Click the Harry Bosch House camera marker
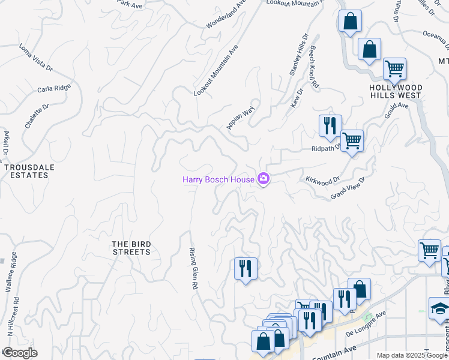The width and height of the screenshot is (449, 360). coord(263,179)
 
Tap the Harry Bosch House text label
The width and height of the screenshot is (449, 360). coord(218,179)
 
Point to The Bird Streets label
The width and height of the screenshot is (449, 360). coord(131,248)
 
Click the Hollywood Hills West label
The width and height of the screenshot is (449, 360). coord(396,92)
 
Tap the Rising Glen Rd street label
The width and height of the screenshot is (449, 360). coord(193,269)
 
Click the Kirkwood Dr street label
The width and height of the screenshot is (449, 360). coord(322,179)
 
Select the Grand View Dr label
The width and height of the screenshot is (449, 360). coord(348,188)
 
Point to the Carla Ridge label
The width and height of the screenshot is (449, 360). coord(53,89)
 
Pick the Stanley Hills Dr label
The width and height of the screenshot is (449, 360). coord(298,55)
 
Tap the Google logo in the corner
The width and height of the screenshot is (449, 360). coord(19,353)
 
